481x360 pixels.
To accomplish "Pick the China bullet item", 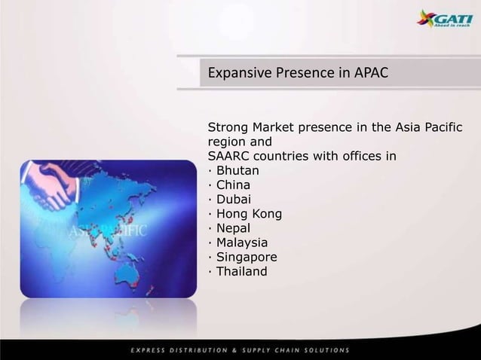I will click(224, 185).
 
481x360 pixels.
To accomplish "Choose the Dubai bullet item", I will click(223, 199).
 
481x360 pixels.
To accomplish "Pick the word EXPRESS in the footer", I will click(150, 349).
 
